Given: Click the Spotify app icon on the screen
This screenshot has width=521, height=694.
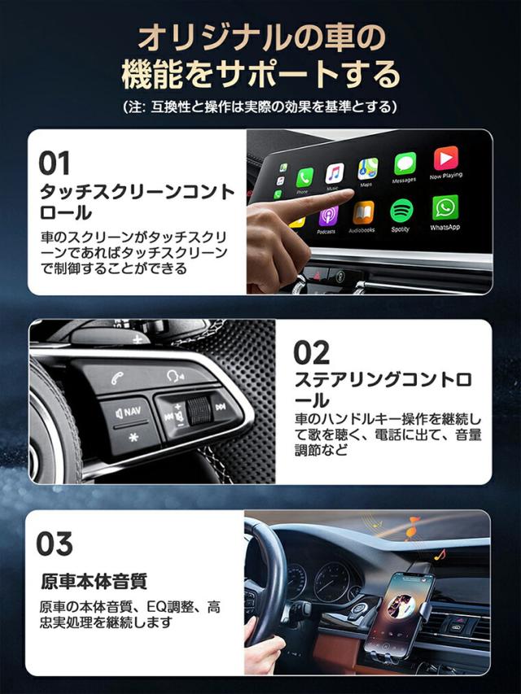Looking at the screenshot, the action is click(x=401, y=211).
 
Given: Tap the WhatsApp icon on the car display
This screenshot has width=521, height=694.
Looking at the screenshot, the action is click(x=445, y=207).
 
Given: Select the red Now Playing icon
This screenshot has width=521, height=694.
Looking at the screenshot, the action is click(x=445, y=159).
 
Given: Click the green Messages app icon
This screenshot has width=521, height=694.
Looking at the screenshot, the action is click(x=405, y=164).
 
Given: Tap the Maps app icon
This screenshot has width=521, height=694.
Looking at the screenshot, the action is click(x=368, y=169).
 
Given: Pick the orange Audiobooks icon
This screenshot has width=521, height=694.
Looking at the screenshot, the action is click(x=363, y=213).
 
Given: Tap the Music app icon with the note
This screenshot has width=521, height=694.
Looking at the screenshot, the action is click(x=335, y=173).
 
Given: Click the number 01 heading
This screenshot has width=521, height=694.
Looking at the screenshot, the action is click(x=54, y=163).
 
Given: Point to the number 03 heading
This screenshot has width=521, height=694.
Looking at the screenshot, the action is click(x=54, y=543).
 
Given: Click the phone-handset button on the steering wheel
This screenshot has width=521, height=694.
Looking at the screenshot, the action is click(x=117, y=378).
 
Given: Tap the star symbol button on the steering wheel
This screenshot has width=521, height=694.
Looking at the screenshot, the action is click(x=134, y=437).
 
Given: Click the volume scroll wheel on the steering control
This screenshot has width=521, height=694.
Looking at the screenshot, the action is click(x=198, y=411).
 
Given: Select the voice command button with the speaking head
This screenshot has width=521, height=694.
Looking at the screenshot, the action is click(x=175, y=376).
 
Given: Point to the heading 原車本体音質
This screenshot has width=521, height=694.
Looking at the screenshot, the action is click(x=94, y=582).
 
